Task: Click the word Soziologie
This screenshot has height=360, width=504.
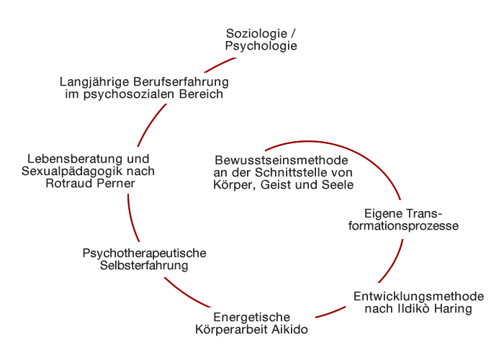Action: pyautogui.click(x=256, y=34)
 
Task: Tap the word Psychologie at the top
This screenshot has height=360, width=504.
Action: pyautogui.click(x=261, y=46)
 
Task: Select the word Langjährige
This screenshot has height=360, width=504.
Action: pyautogui.click(x=94, y=82)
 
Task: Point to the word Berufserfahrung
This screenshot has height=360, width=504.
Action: pyautogui.click(x=181, y=81)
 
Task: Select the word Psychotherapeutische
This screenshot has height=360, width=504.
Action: pyautogui.click(x=144, y=253)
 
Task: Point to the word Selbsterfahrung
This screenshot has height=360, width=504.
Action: pyautogui.click(x=144, y=266)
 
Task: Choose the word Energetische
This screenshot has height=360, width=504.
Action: pyautogui.click(x=252, y=318)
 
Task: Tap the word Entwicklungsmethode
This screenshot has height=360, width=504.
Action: pyautogui.click(x=419, y=297)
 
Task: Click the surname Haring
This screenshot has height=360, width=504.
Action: pyautogui.click(x=453, y=309)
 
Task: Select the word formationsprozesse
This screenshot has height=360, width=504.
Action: pyautogui.click(x=403, y=225)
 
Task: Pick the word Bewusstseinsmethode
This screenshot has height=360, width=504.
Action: pyautogui.click(x=282, y=160)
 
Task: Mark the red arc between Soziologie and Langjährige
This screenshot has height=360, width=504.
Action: pyautogui.click(x=219, y=65)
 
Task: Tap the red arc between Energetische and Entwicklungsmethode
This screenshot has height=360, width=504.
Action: pyautogui.click(x=331, y=312)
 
